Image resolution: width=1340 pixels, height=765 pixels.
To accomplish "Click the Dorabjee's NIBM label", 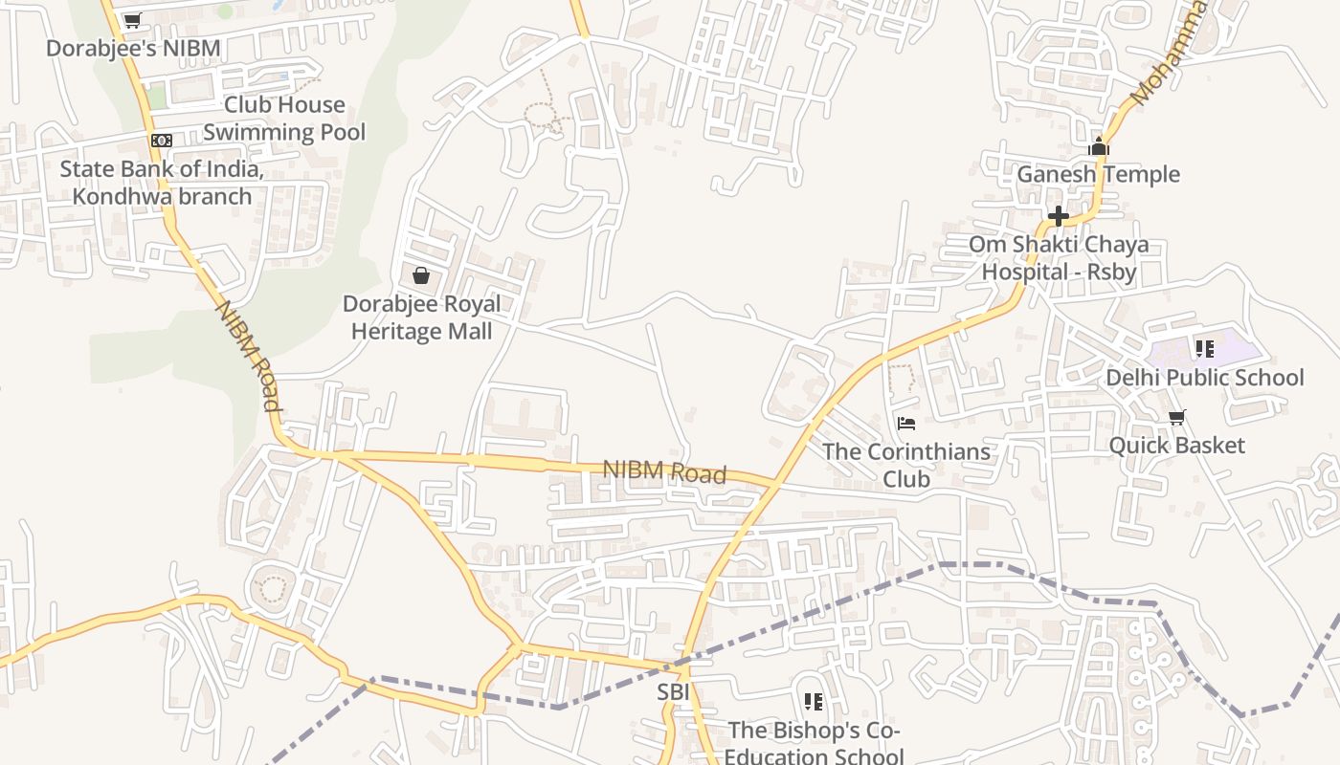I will pyautogui.click(x=133, y=48).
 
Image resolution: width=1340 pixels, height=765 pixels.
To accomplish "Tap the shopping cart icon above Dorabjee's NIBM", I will pyautogui.click(x=133, y=20).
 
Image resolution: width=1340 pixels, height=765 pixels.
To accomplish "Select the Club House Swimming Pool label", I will pyautogui.click(x=284, y=118).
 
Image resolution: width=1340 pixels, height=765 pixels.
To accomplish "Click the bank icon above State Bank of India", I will pyautogui.click(x=162, y=141).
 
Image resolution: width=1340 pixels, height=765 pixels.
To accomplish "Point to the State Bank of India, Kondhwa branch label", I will pyautogui.click(x=162, y=183).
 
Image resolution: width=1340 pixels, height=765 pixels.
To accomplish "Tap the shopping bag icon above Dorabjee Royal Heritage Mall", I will pyautogui.click(x=421, y=275).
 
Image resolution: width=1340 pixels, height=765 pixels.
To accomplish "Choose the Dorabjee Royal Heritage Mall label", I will pyautogui.click(x=422, y=317).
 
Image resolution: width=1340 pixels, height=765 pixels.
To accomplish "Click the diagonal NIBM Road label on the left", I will pyautogui.click(x=248, y=356).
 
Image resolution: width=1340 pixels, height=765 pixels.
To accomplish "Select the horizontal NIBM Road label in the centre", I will pyautogui.click(x=664, y=471).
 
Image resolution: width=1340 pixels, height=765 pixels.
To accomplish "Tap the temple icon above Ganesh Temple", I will pyautogui.click(x=1099, y=146).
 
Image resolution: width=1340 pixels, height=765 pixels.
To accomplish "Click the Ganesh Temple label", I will pyautogui.click(x=1098, y=174).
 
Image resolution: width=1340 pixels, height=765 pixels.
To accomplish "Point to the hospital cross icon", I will pyautogui.click(x=1058, y=216).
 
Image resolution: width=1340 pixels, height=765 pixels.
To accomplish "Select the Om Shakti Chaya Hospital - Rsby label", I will pyautogui.click(x=1059, y=258).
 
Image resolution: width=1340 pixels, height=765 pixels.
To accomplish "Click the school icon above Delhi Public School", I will pyautogui.click(x=1204, y=349).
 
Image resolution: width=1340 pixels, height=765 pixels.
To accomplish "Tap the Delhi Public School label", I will pyautogui.click(x=1204, y=378).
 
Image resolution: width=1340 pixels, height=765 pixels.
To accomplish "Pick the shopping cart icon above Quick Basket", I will pyautogui.click(x=1177, y=417).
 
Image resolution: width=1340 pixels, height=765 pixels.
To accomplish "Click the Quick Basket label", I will pyautogui.click(x=1176, y=445).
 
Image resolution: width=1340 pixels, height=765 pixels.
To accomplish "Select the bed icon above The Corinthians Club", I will pyautogui.click(x=906, y=423).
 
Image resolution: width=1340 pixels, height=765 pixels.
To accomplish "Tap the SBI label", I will pyautogui.click(x=673, y=690).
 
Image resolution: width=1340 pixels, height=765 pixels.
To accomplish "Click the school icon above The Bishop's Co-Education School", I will pyautogui.click(x=814, y=702).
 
